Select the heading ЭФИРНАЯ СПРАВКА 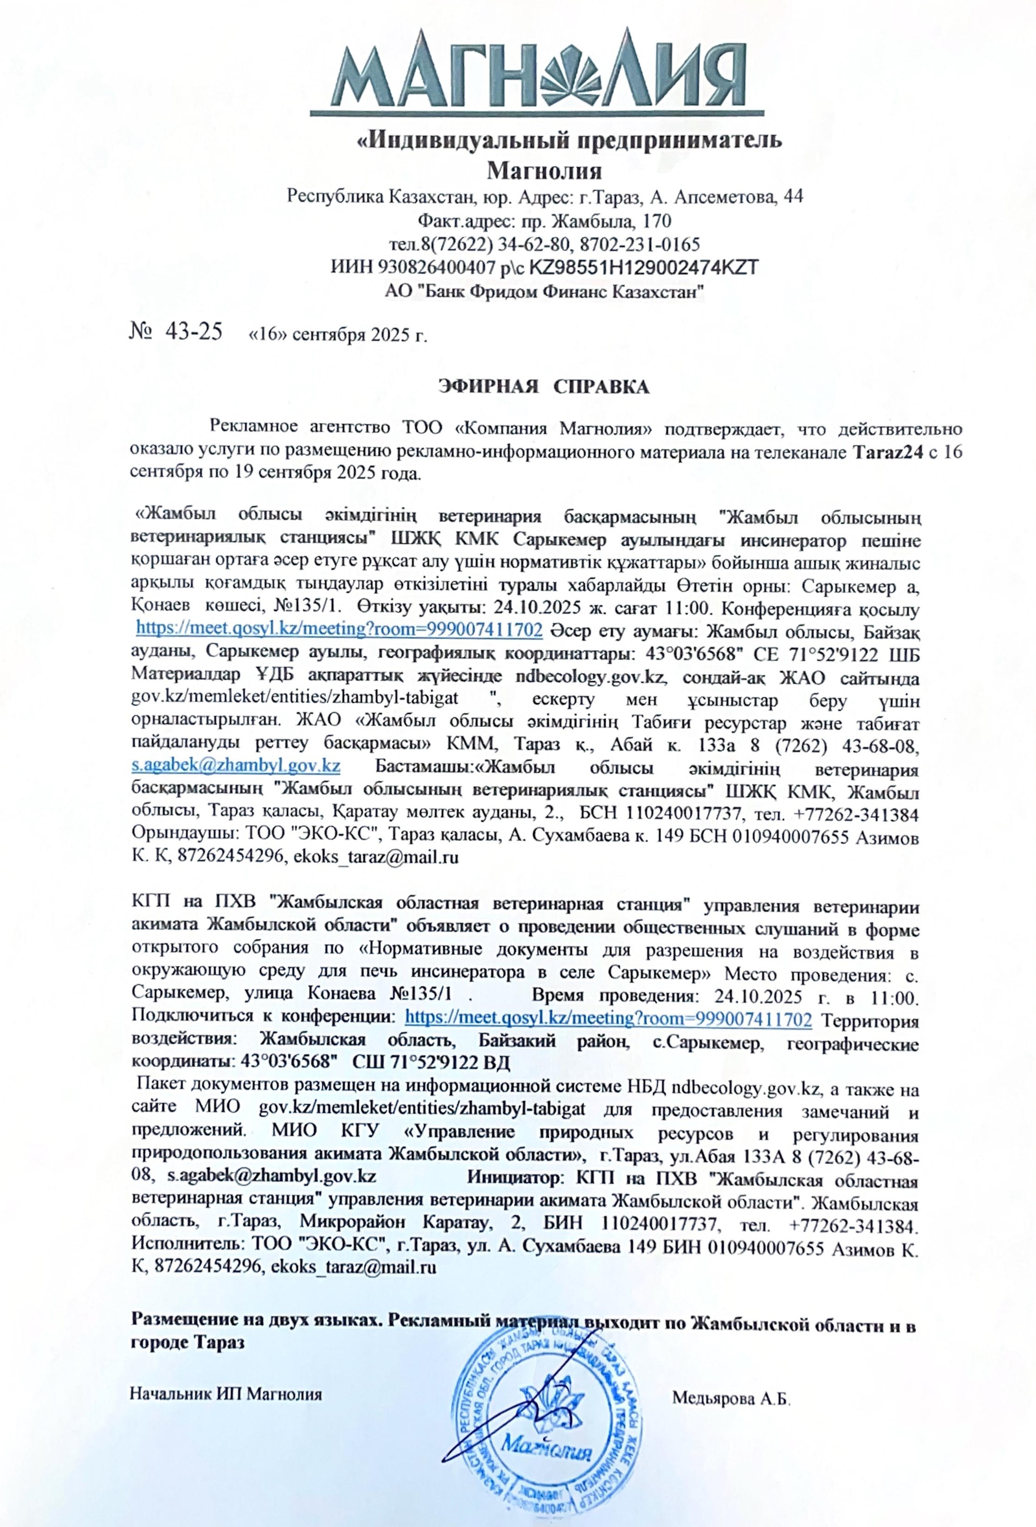(x=543, y=387)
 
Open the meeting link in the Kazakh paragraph (x=339, y=629)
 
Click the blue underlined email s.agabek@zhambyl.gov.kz (x=236, y=765)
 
